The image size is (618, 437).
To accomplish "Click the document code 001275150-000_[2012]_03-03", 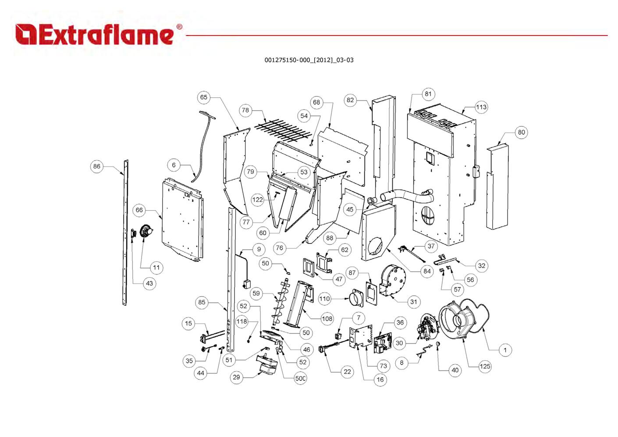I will coord(309,60).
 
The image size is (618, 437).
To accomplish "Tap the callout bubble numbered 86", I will coord(97,166).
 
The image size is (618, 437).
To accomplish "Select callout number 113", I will coord(481,107).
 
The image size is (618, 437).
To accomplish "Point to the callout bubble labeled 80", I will coord(521,132).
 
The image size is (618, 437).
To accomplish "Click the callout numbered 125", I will coord(484,366).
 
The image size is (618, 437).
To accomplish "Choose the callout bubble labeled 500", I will coord(300,378).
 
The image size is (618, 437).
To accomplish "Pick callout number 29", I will coord(237,377).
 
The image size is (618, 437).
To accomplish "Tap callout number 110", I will coord(324,299).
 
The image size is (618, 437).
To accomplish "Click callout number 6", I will coord(174,165).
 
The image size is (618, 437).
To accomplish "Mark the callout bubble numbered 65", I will coord(204,97).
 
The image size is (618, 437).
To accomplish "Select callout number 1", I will coord(505,350).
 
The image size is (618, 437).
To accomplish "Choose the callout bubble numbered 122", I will coord(257,200).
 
